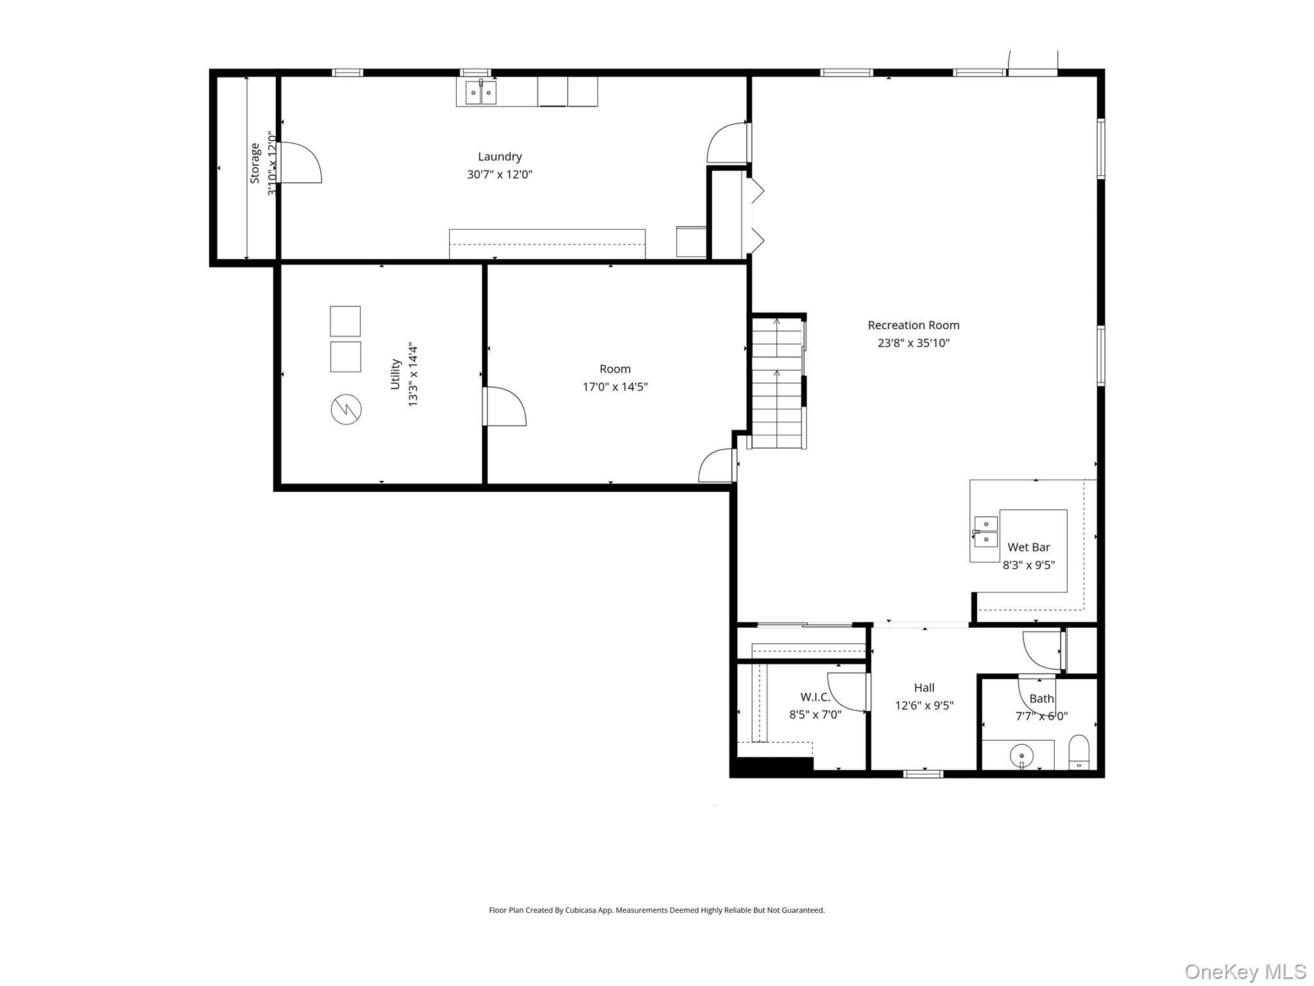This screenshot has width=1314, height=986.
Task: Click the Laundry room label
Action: [499, 157]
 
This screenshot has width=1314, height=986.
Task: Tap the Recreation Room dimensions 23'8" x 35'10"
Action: [913, 343]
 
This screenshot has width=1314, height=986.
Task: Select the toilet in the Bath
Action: [1079, 752]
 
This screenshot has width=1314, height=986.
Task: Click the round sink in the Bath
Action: [1021, 756]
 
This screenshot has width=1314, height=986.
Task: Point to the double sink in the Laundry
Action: [481, 93]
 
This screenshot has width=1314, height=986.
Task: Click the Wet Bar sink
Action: [985, 532]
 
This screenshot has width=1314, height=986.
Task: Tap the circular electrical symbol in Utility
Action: [346, 409]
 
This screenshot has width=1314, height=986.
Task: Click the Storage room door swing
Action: [300, 163]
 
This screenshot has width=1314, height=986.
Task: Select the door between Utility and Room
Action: [504, 406]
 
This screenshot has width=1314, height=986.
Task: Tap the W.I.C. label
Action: [815, 697]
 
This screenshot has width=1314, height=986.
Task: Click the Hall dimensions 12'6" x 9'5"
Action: [924, 705]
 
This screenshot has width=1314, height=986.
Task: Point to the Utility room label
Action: [396, 374]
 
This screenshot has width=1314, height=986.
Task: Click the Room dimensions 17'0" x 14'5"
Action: [615, 386]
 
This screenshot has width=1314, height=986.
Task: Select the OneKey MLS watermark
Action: [1245, 971]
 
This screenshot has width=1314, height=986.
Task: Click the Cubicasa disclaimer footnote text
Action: [656, 910]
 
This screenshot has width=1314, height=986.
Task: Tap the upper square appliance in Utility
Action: [345, 321]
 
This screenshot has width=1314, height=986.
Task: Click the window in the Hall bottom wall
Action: [923, 774]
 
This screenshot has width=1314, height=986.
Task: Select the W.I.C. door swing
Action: [847, 691]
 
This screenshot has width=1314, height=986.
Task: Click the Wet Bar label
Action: [1028, 548]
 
